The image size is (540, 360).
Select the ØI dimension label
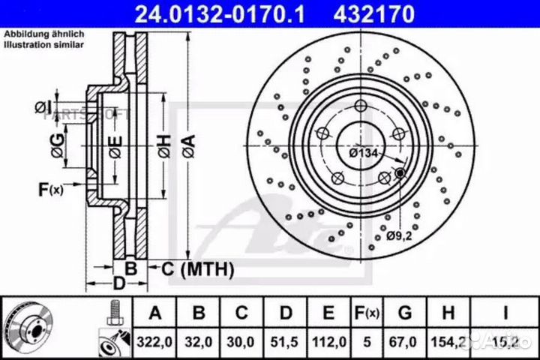pos(43,108)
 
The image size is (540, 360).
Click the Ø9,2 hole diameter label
pos(400,236)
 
